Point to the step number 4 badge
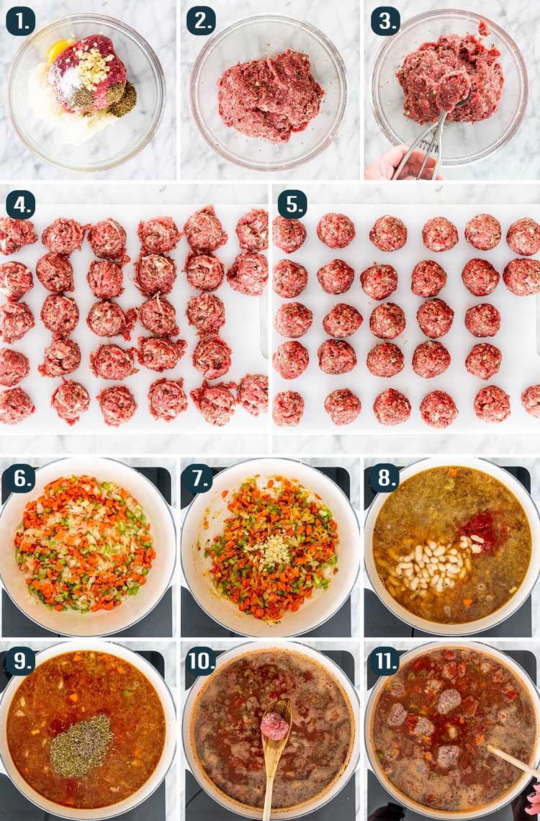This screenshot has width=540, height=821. coord(20,205)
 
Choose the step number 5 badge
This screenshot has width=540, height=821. coord(292,205)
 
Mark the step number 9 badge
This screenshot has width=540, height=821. coord(20,661)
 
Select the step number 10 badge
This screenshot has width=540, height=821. coord(202,661)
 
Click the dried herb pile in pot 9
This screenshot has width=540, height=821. coord(81,746)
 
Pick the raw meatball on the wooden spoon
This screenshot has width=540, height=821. coord(275,726)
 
